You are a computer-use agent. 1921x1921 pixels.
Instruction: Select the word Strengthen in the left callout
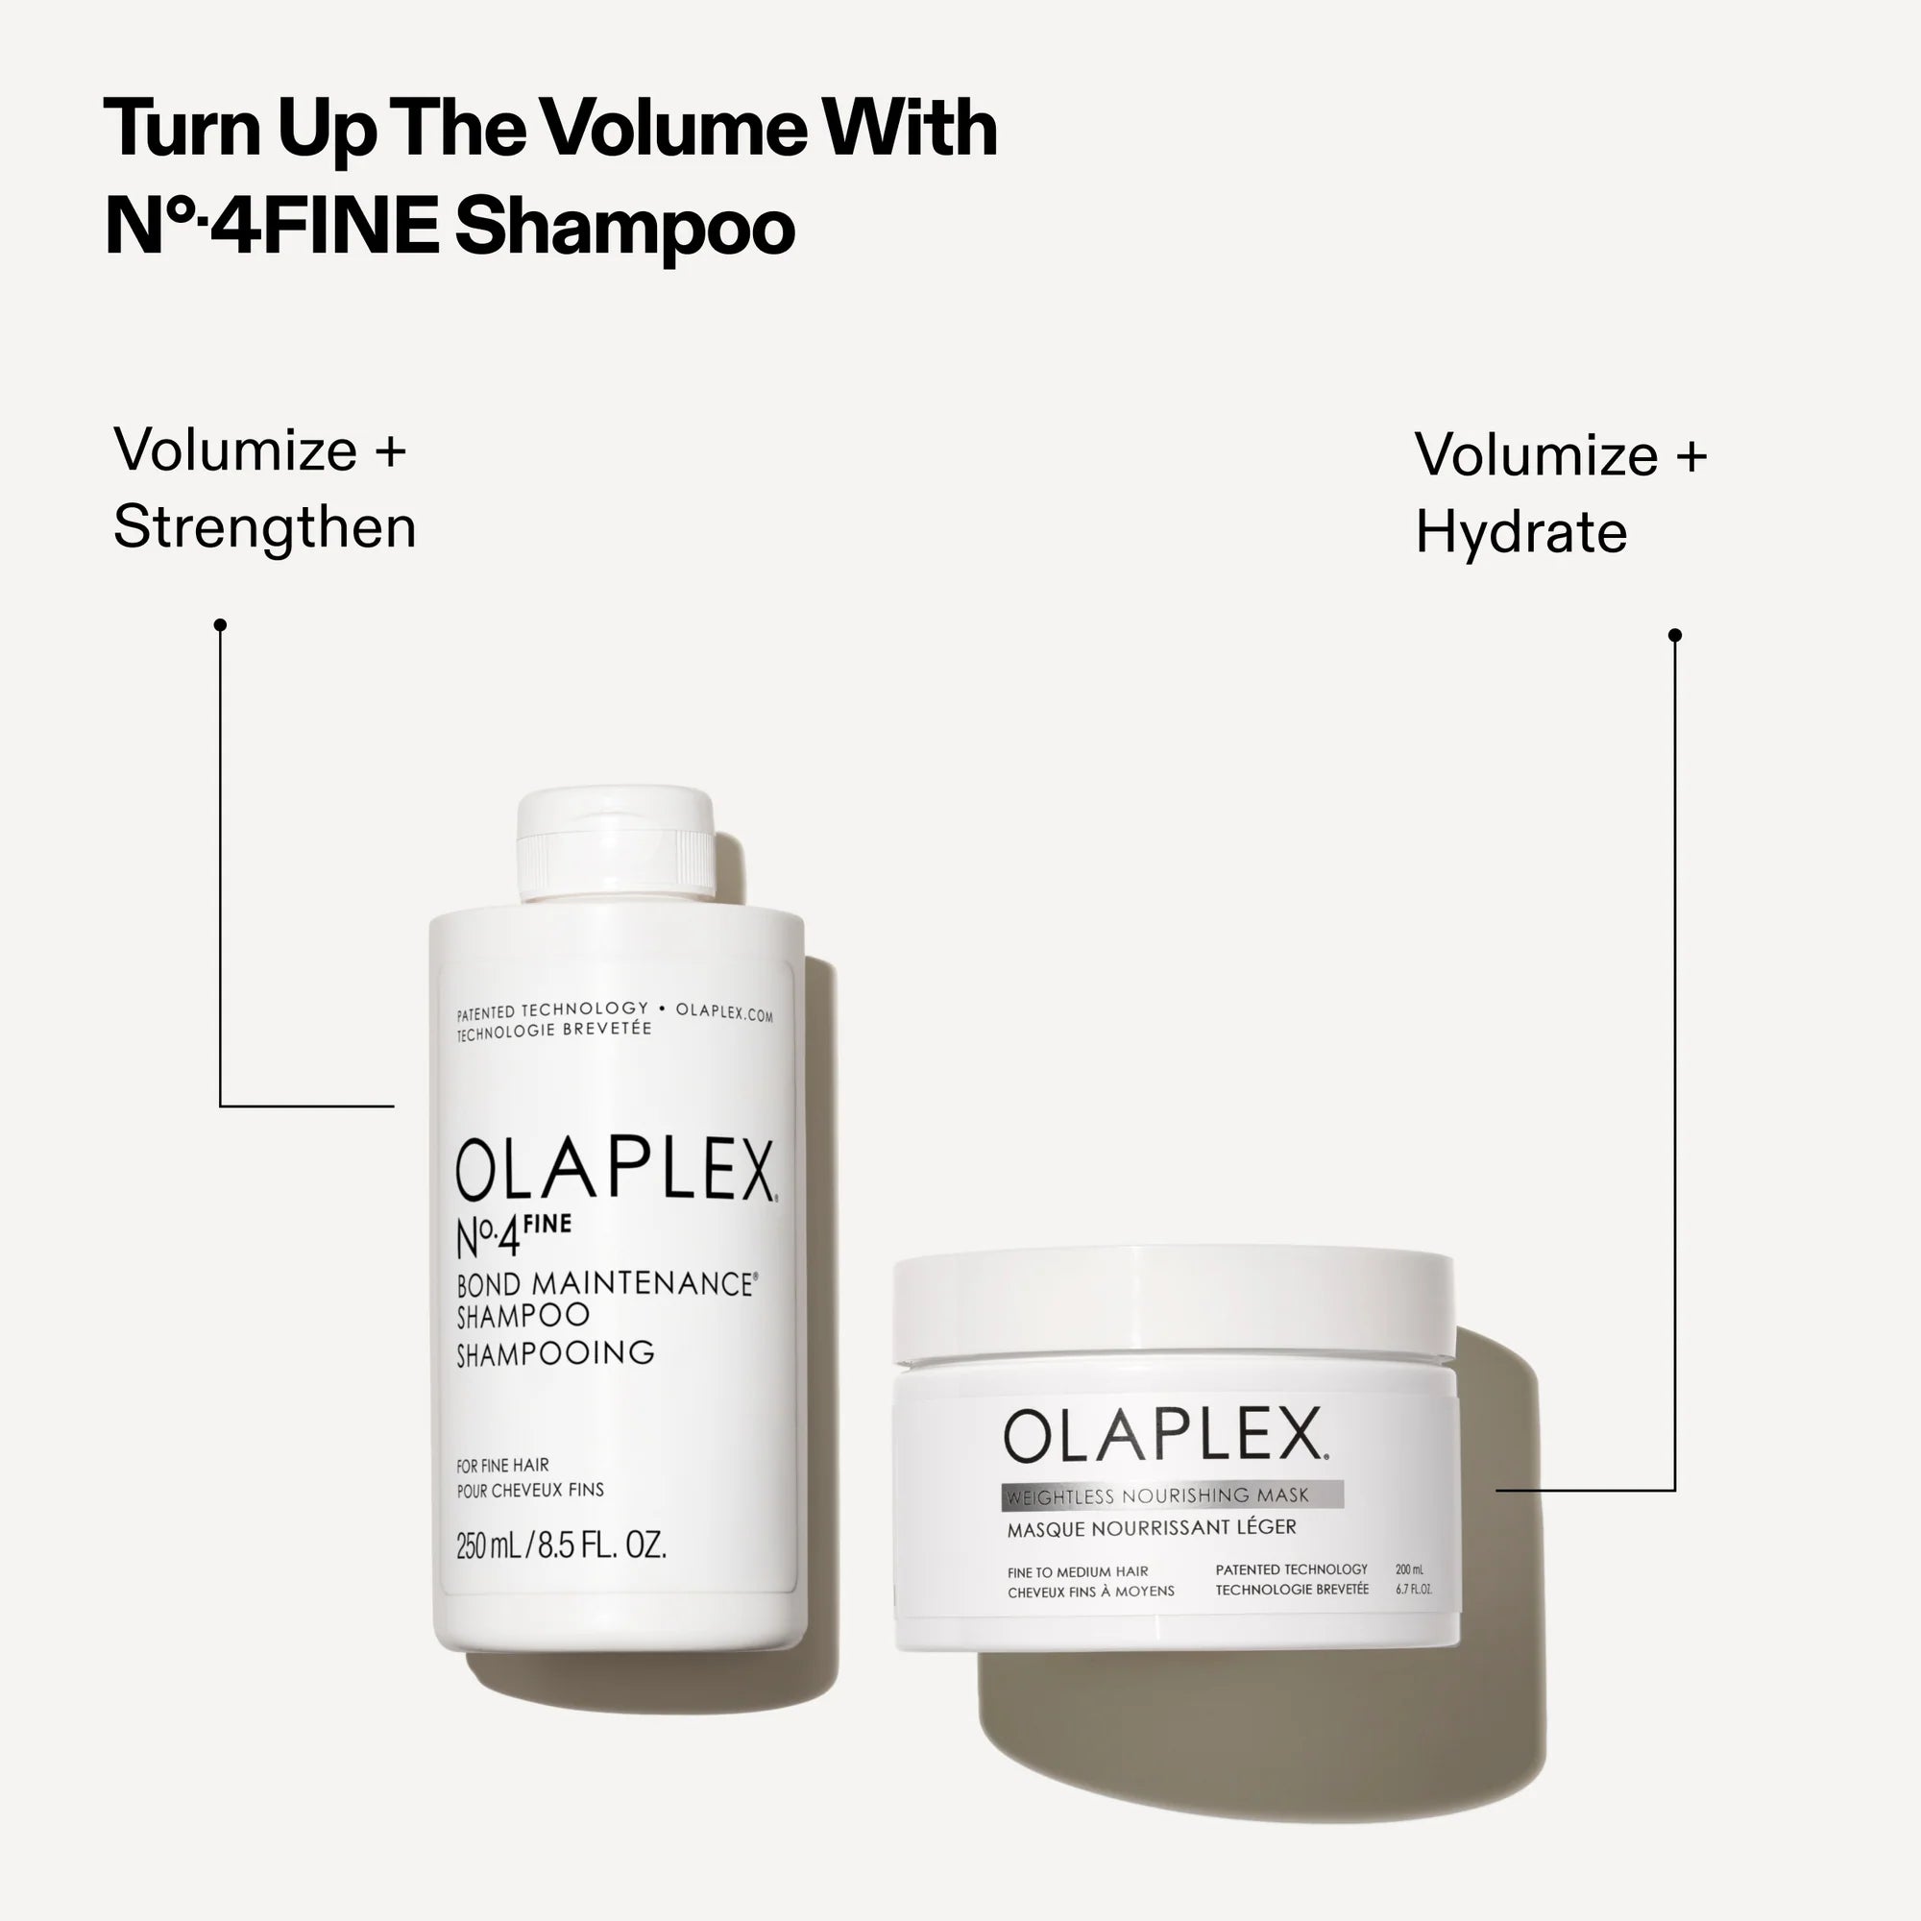click(x=264, y=527)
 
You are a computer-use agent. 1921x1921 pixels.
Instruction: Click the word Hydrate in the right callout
click(x=1520, y=532)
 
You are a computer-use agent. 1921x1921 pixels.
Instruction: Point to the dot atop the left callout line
click(x=221, y=624)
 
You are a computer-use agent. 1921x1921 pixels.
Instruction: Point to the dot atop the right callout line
click(x=1674, y=634)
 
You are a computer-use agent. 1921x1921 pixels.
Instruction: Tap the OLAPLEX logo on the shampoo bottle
click(x=615, y=1169)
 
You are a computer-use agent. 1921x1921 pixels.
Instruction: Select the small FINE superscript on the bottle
click(x=547, y=1224)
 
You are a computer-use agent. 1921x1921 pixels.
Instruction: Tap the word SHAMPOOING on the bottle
click(x=555, y=1353)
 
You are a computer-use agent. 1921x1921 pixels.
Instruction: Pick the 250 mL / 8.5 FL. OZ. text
click(x=561, y=1545)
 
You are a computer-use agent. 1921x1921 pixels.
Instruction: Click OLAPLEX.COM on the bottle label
click(x=724, y=1012)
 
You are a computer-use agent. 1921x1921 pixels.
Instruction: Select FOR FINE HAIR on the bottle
click(x=502, y=1466)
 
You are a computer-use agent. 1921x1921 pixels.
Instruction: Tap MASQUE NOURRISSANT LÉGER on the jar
click(x=1152, y=1528)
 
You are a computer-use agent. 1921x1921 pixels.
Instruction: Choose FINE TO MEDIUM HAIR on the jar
click(x=1077, y=1572)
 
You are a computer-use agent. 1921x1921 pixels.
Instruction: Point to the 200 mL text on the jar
click(x=1409, y=1569)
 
